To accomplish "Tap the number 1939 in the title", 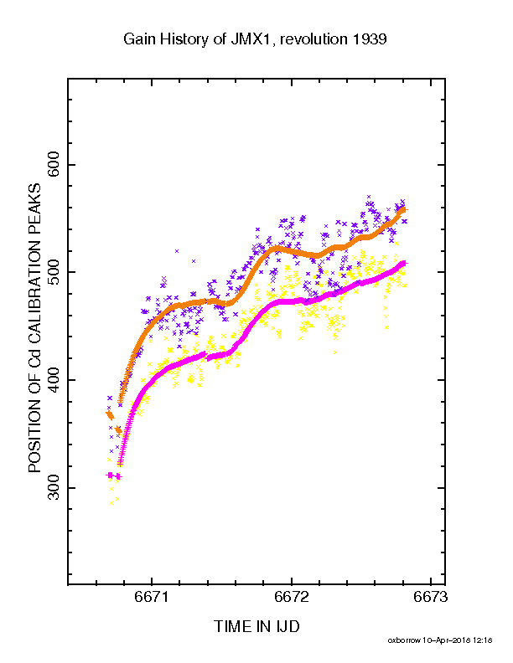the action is click(370, 39).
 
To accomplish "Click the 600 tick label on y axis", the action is click(54, 165).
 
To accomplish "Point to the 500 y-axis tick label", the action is click(54, 272).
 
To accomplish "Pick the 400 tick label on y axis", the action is click(54, 380).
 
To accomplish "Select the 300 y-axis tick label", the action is click(54, 487).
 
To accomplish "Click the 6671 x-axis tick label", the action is click(152, 597).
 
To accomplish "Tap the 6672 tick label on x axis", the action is click(291, 597).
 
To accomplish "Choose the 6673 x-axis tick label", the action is click(431, 597).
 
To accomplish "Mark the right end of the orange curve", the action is click(406, 210).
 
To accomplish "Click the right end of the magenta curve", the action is click(406, 264).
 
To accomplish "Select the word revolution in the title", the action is click(313, 39).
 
